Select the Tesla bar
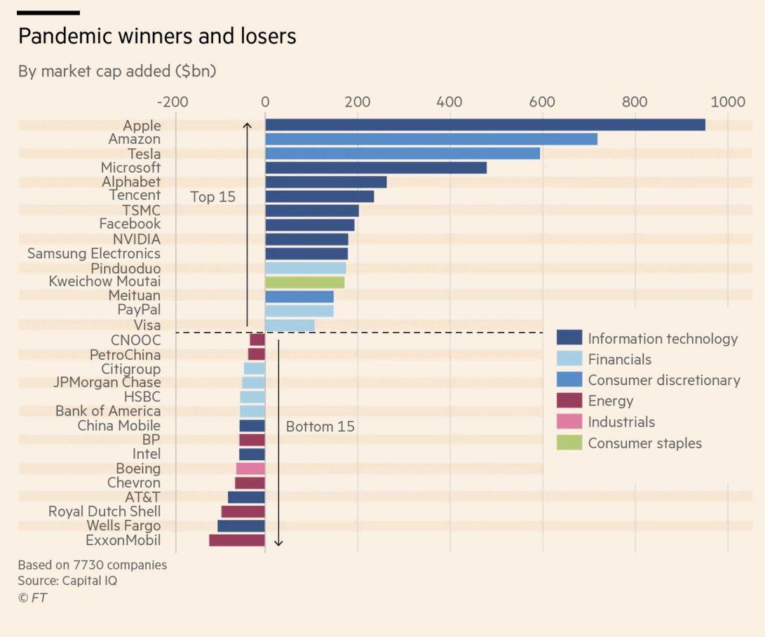click(x=402, y=154)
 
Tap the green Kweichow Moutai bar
click(x=305, y=282)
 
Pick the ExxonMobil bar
click(x=237, y=540)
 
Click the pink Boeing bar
click(x=250, y=469)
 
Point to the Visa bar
click(x=290, y=325)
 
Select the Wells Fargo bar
click(x=241, y=525)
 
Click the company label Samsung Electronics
click(x=94, y=253)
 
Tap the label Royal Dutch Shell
click(x=104, y=511)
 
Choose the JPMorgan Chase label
click(x=107, y=382)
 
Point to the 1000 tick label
click(x=728, y=102)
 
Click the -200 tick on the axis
click(x=172, y=102)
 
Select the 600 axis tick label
click(x=543, y=102)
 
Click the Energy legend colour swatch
click(x=569, y=401)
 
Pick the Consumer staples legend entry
click(x=644, y=443)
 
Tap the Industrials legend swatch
click(x=569, y=422)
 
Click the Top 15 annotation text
click(x=213, y=197)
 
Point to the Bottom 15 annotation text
click(x=320, y=427)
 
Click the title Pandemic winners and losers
click(x=157, y=36)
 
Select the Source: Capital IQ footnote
click(x=67, y=581)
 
